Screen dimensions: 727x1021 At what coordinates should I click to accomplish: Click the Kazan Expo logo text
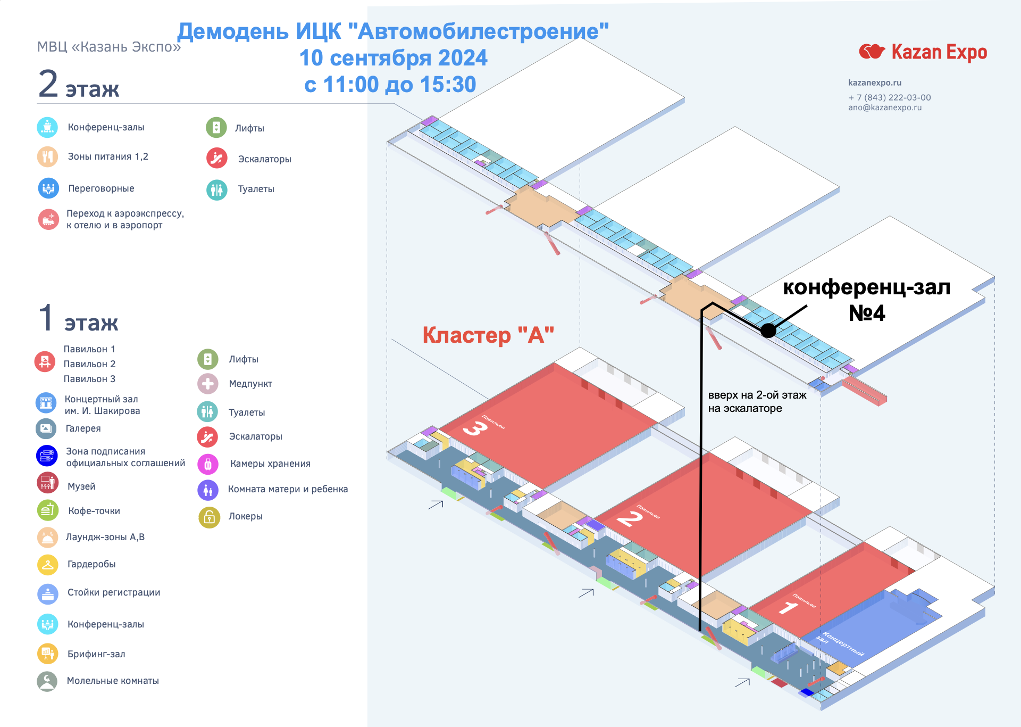coord(939,52)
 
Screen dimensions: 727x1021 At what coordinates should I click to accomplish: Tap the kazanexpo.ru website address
coord(875,82)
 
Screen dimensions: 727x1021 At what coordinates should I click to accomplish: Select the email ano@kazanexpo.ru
coord(885,108)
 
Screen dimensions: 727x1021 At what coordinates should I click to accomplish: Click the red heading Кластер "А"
coord(488,335)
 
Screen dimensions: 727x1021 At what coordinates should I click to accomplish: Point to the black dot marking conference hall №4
coord(768,331)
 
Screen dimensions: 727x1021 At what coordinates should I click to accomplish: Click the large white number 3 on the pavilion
coord(475,428)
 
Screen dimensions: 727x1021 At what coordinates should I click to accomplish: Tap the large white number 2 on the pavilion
coord(630,518)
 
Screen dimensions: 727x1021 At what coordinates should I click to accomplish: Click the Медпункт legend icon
coord(208,384)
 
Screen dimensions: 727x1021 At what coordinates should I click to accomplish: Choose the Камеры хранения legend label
coord(270,464)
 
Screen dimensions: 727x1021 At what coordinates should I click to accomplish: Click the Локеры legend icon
coord(209,517)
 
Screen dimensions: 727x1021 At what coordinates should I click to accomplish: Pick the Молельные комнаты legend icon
coord(47,681)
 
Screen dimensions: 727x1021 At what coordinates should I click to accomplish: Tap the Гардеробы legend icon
coord(47,565)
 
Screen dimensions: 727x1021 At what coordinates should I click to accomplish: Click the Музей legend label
coord(81,486)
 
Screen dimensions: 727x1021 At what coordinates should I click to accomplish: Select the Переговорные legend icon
coord(48,188)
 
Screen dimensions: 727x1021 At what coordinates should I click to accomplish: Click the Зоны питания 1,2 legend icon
coord(47,157)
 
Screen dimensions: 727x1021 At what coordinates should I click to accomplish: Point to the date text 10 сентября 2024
coord(393,58)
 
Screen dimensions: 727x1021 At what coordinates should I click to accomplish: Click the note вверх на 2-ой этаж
coord(757,395)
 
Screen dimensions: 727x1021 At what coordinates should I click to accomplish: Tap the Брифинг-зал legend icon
coord(47,654)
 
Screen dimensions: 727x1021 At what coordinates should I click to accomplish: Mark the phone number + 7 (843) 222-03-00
coord(889,97)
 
